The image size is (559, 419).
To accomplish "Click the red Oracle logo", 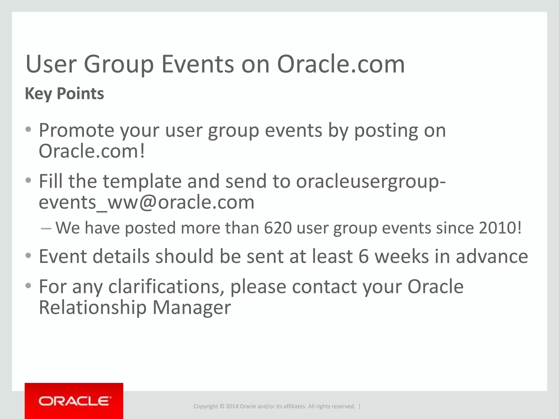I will tap(74, 401).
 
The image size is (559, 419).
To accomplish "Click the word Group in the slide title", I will tap(119, 65).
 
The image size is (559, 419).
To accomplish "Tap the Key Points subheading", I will tap(64, 94).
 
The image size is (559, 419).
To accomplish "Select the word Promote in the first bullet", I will tap(76, 130).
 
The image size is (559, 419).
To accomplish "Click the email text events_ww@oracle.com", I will tap(147, 202).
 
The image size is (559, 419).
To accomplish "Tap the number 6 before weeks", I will tap(364, 257).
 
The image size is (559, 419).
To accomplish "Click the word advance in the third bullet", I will tap(492, 257).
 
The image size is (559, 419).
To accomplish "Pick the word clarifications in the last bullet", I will tap(166, 287).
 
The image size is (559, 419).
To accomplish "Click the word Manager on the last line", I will tap(192, 308).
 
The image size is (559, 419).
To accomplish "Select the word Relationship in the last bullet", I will tap(93, 308).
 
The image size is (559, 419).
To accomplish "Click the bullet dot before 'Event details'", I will tap(28, 256).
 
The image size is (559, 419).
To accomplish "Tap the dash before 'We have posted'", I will tap(46, 228).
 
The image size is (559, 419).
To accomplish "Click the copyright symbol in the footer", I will tap(222, 406).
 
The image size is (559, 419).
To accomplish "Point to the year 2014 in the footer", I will tap(232, 406).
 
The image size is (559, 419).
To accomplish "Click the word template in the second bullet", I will tap(142, 181).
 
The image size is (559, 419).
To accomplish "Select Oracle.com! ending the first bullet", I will tap(91, 151).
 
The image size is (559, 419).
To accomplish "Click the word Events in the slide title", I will tap(198, 65).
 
